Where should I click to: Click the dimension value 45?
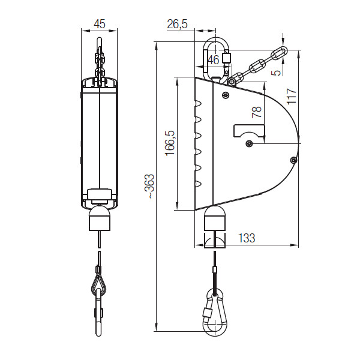tap(100, 24)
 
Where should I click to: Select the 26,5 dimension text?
tap(177, 24)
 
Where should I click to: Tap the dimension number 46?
tap(213, 60)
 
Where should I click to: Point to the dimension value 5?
tap(277, 73)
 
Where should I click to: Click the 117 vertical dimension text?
tap(292, 96)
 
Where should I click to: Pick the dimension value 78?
tap(257, 112)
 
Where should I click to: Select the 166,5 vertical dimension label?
tap(170, 143)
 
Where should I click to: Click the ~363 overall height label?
tap(150, 186)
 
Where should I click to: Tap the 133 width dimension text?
tap(247, 238)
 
